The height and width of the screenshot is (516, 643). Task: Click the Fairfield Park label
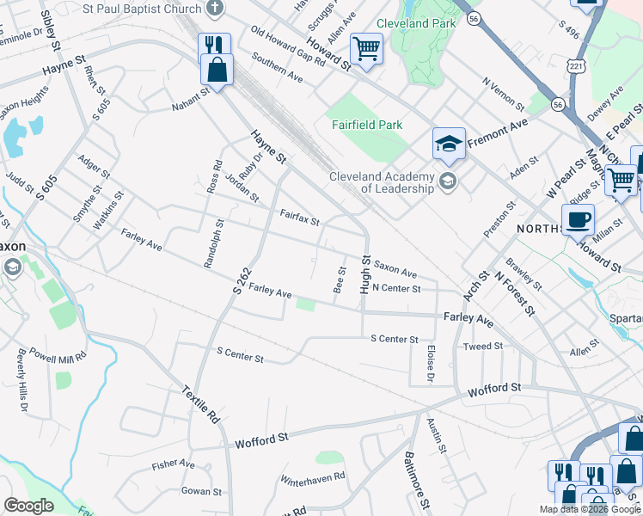click(367, 125)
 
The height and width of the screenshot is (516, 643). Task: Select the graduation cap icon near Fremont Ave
click(449, 144)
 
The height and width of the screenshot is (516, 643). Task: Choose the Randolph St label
click(213, 244)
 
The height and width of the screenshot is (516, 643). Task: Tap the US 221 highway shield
click(576, 66)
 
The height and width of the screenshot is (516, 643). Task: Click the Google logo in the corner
click(28, 506)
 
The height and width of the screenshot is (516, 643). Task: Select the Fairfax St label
click(299, 216)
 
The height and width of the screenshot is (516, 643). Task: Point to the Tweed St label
click(483, 347)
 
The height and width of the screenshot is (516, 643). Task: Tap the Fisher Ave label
click(173, 464)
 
